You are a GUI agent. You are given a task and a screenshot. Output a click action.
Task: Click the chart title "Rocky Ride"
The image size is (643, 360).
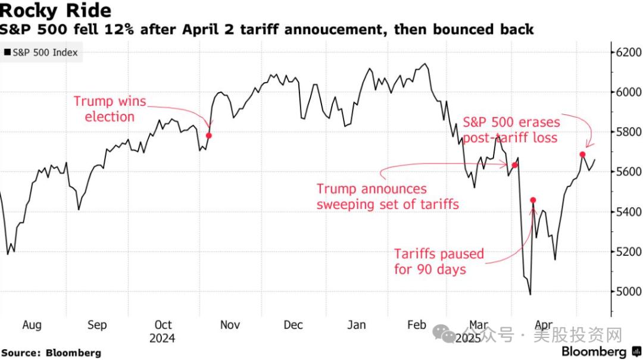[56, 11]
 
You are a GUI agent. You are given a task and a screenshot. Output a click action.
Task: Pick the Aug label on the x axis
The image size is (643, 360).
[32, 325]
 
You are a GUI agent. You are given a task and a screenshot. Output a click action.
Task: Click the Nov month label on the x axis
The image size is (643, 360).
[230, 325]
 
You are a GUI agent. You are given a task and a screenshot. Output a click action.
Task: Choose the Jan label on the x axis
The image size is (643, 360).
[356, 325]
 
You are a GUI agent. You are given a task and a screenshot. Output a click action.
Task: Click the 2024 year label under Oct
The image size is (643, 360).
[163, 338]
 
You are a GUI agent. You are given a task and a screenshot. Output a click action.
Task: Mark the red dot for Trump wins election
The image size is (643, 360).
[208, 136]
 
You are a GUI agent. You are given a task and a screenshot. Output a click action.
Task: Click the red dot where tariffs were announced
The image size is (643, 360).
[514, 165]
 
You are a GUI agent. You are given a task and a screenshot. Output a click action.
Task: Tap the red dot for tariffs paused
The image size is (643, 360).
[533, 200]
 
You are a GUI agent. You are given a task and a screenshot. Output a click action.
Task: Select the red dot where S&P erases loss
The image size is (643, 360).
[582, 154]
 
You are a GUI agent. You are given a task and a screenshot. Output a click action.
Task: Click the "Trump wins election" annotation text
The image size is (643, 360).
[110, 109]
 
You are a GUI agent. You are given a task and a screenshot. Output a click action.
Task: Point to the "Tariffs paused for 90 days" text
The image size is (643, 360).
[439, 262]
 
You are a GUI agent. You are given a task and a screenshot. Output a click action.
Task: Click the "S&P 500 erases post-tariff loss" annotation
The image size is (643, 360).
[511, 130]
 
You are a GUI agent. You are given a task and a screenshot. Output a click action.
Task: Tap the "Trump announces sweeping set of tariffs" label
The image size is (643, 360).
[388, 196]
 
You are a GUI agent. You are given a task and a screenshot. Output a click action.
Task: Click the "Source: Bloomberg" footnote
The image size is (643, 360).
[51, 353]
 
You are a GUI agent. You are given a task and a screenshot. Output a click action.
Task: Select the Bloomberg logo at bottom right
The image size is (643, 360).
[598, 352]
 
